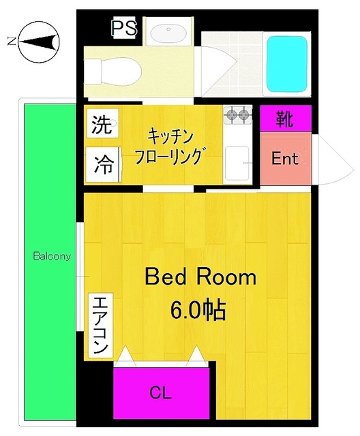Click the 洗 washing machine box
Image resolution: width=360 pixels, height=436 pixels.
(102, 125)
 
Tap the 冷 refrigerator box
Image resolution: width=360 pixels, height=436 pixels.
(104, 163)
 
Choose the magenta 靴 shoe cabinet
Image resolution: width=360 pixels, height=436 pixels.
(285, 119)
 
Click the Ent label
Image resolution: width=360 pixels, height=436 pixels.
(285, 159)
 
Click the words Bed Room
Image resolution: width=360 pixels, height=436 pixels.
(200, 277)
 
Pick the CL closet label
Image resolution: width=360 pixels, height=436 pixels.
(161, 394)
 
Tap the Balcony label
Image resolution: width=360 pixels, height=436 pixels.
(52, 257)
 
